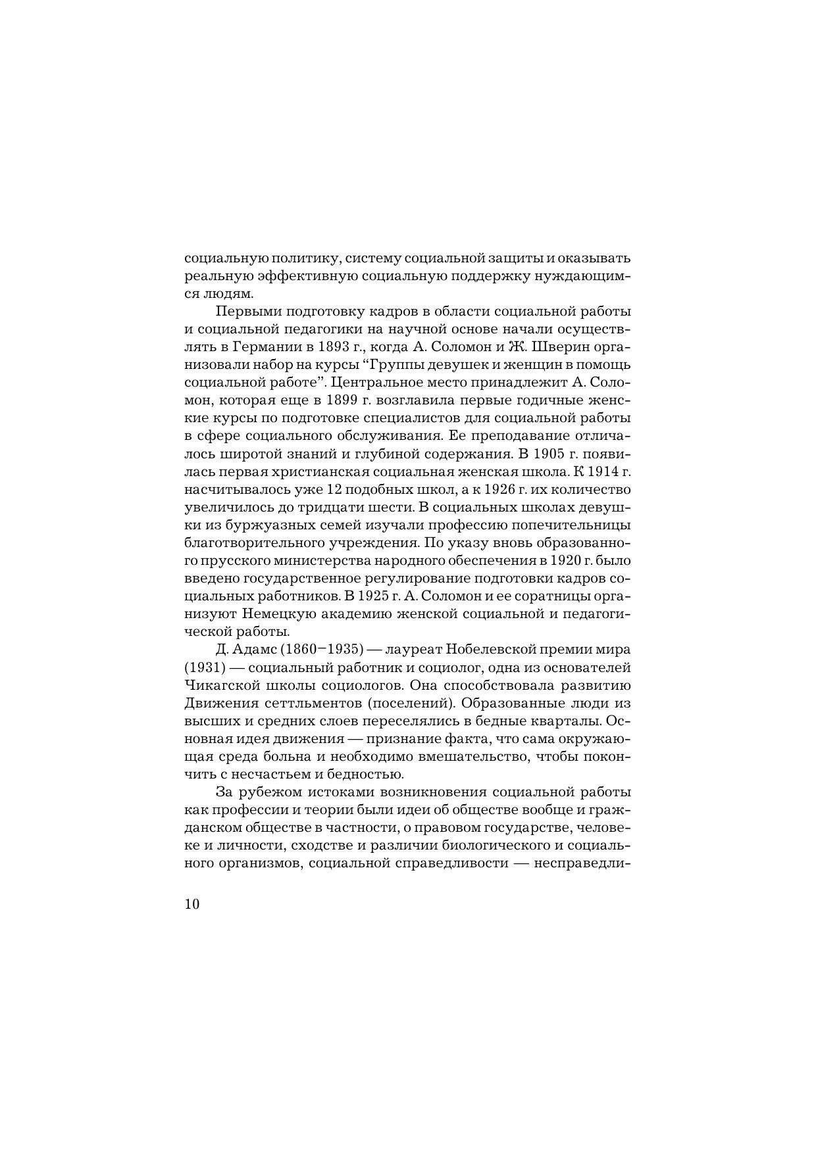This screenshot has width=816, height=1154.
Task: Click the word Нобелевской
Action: (x=487, y=650)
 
